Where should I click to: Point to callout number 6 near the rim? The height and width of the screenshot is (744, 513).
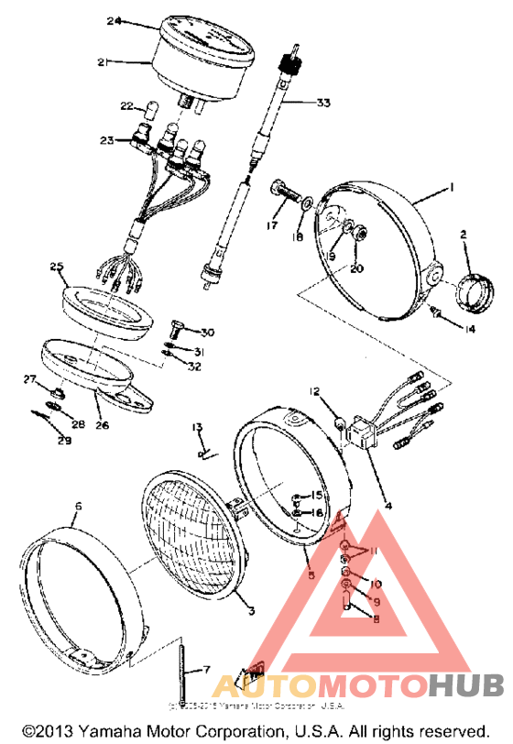coord(78,506)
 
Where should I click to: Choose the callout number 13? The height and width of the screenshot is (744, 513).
coord(196,427)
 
